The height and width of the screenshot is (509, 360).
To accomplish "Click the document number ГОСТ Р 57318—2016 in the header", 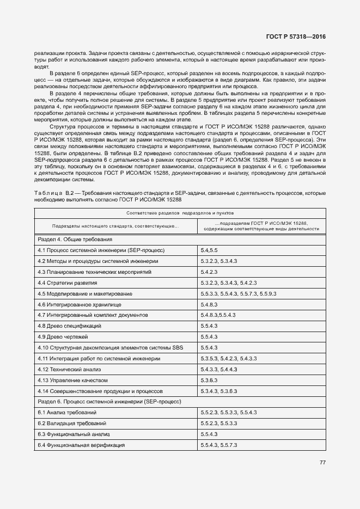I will tap(296, 37).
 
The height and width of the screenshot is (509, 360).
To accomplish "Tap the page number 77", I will tap(322, 463).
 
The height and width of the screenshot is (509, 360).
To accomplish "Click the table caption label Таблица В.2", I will tap(53, 193).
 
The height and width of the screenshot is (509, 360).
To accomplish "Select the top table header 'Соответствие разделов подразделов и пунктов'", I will tap(179, 213).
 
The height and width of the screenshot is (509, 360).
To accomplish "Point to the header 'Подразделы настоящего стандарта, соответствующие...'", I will tap(113, 225).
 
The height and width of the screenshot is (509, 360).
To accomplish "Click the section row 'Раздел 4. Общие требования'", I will tap(75, 240).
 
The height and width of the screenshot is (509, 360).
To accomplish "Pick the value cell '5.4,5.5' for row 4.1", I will tap(210, 250).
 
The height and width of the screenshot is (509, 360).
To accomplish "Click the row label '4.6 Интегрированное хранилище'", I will tap(80, 304).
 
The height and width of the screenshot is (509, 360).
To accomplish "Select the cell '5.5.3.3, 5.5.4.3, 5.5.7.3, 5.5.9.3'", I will tap(239, 293).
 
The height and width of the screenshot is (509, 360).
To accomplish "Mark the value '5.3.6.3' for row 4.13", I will tap(209, 380).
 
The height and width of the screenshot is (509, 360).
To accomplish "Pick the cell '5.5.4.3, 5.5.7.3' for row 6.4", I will tap(219, 445).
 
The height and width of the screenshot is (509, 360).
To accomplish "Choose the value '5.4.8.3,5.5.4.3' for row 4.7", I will tap(218, 315).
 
